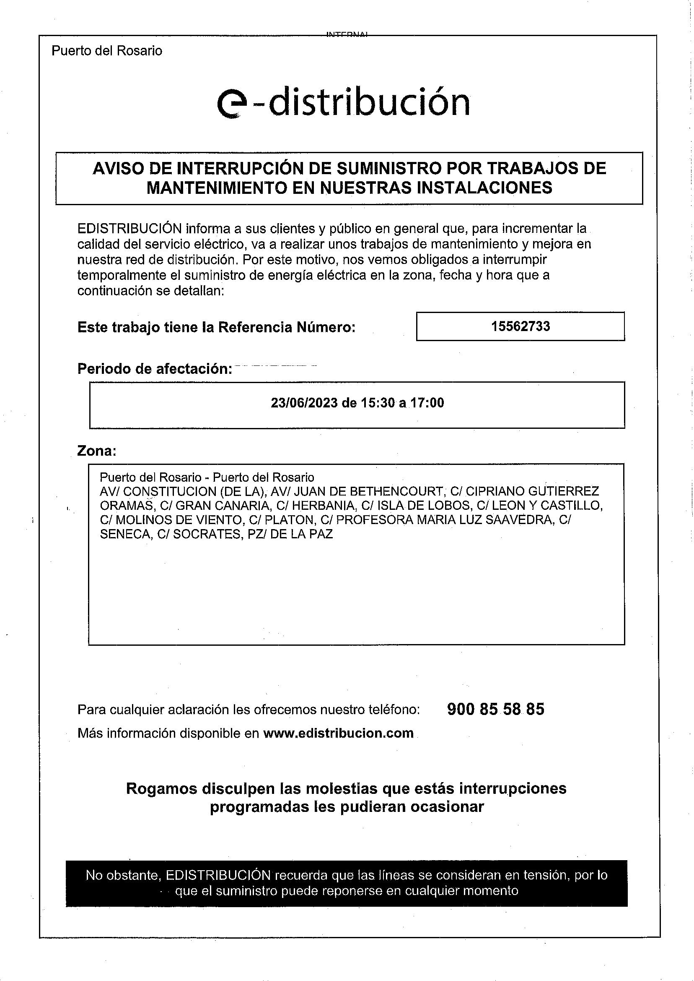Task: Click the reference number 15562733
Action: tap(520, 326)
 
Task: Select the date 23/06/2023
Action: tap(304, 403)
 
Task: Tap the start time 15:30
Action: tap(378, 403)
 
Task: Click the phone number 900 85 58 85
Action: tap(496, 710)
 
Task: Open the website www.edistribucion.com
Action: tap(338, 733)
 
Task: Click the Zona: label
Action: tap(96, 451)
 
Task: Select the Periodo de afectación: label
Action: tap(155, 369)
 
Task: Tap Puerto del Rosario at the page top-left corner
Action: tap(107, 51)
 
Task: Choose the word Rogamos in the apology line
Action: tap(161, 788)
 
